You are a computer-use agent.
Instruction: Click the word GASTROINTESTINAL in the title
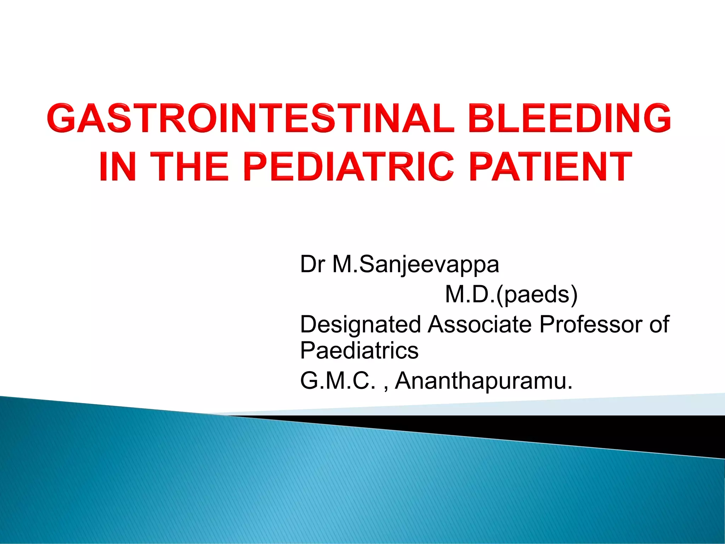(250, 118)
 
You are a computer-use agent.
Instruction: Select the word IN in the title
(117, 166)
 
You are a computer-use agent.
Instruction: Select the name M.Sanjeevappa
(416, 265)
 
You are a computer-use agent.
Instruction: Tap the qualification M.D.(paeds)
(511, 295)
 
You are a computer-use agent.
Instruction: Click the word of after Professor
(659, 324)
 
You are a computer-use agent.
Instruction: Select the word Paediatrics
(359, 351)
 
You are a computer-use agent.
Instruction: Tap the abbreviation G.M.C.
(337, 381)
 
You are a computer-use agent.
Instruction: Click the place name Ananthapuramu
(483, 381)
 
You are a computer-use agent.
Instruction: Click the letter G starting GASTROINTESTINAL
(61, 118)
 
